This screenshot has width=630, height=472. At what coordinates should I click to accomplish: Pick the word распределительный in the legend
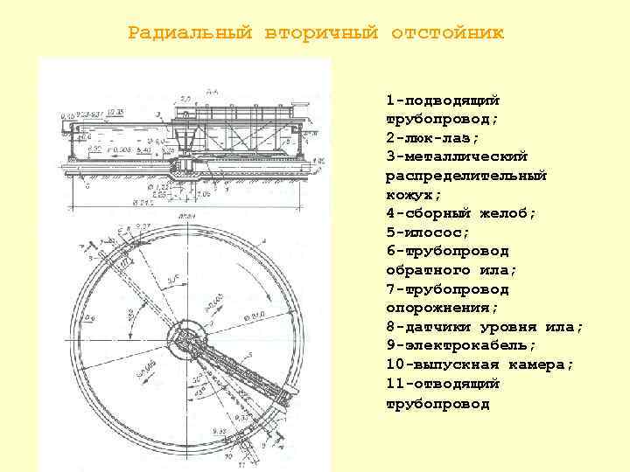click(466, 176)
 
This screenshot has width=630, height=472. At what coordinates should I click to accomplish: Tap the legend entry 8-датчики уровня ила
click(484, 327)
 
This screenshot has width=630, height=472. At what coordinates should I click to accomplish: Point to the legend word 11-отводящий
click(442, 384)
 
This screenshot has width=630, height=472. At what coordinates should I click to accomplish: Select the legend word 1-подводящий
click(442, 100)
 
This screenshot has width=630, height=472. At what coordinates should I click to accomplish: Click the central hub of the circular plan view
click(185, 335)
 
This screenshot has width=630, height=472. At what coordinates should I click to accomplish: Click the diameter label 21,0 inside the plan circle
click(255, 316)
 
